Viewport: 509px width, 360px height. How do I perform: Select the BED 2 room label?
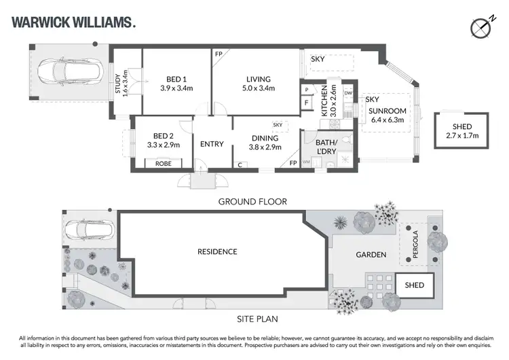pos(163,140)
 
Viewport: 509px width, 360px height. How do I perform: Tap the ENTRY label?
pos(212,144)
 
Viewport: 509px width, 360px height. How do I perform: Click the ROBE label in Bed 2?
pos(163,164)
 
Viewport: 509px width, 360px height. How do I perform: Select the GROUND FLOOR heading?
pos(252,201)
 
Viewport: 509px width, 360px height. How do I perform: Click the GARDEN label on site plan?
pos(371,255)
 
